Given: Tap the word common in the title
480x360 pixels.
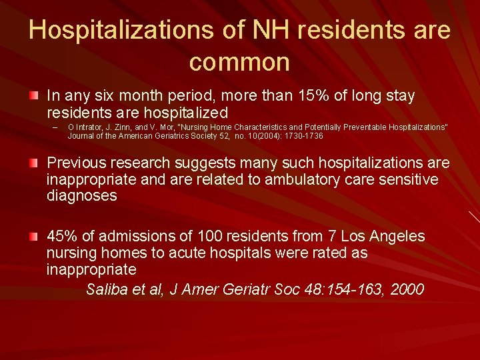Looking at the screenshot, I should click(x=239, y=62).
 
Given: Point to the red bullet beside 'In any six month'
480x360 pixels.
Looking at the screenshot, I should click(x=33, y=96).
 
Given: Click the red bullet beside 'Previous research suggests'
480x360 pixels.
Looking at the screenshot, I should click(x=33, y=163).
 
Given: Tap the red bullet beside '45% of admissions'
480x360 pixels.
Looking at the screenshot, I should click(x=33, y=237).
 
